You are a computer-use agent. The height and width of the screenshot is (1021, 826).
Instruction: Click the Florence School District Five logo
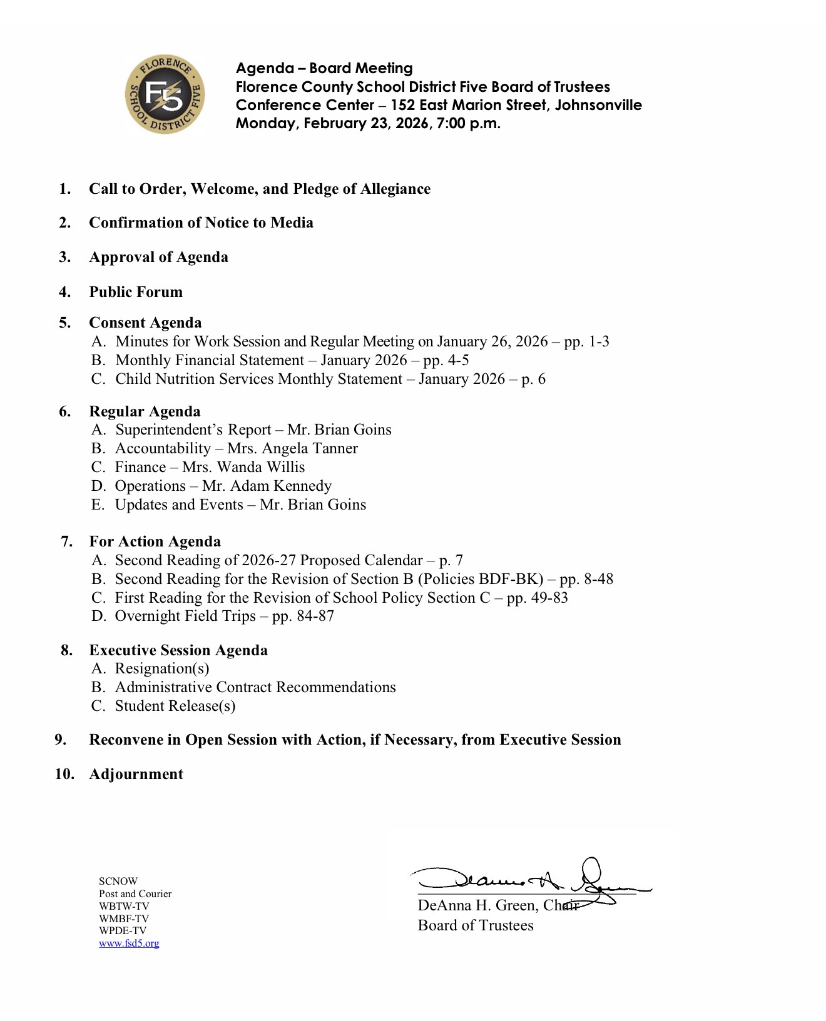point(165,94)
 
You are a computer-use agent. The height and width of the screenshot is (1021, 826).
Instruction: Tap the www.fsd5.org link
point(129,943)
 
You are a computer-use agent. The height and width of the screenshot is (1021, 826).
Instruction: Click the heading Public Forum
point(136,292)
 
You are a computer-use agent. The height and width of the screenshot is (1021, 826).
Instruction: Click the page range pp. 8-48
point(586,579)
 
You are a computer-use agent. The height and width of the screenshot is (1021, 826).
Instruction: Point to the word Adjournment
point(136,774)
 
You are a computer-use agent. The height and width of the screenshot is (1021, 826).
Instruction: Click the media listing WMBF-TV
point(124,918)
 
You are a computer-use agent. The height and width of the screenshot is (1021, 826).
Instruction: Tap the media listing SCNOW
point(118,881)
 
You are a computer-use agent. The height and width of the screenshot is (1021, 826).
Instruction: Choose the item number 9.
point(61,740)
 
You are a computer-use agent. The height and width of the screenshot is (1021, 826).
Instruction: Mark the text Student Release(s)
point(175,706)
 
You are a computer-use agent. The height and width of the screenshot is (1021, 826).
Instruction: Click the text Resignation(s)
point(162,668)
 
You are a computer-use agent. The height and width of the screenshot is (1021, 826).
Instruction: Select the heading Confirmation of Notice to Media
point(201,223)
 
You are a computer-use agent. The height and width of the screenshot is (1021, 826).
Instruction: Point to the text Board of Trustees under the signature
point(476,925)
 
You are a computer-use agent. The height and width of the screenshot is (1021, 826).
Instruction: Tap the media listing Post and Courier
point(135,893)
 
